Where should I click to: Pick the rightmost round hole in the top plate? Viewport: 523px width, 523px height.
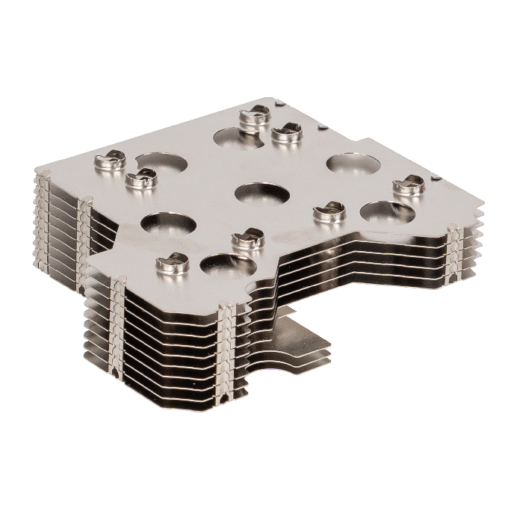(387, 213)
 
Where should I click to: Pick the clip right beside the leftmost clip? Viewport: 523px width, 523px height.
(140, 178)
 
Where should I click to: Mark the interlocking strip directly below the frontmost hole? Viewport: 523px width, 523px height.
(228, 351)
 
